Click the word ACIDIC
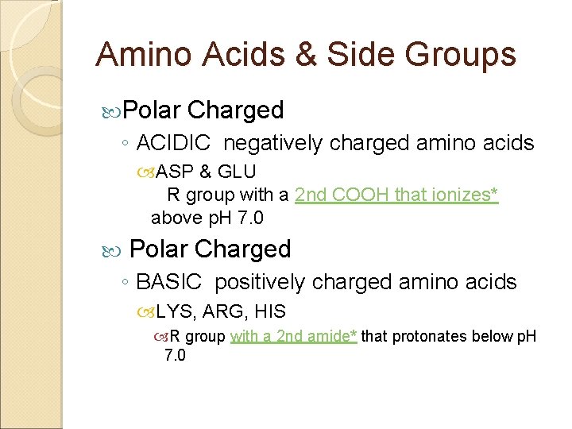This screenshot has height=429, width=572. click(x=173, y=143)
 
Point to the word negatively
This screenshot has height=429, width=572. click(x=273, y=143)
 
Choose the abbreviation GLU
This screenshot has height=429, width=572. click(x=237, y=172)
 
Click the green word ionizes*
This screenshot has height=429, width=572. click(x=463, y=195)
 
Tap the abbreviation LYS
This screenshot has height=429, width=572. click(x=172, y=311)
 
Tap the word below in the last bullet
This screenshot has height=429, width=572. click(x=492, y=336)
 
